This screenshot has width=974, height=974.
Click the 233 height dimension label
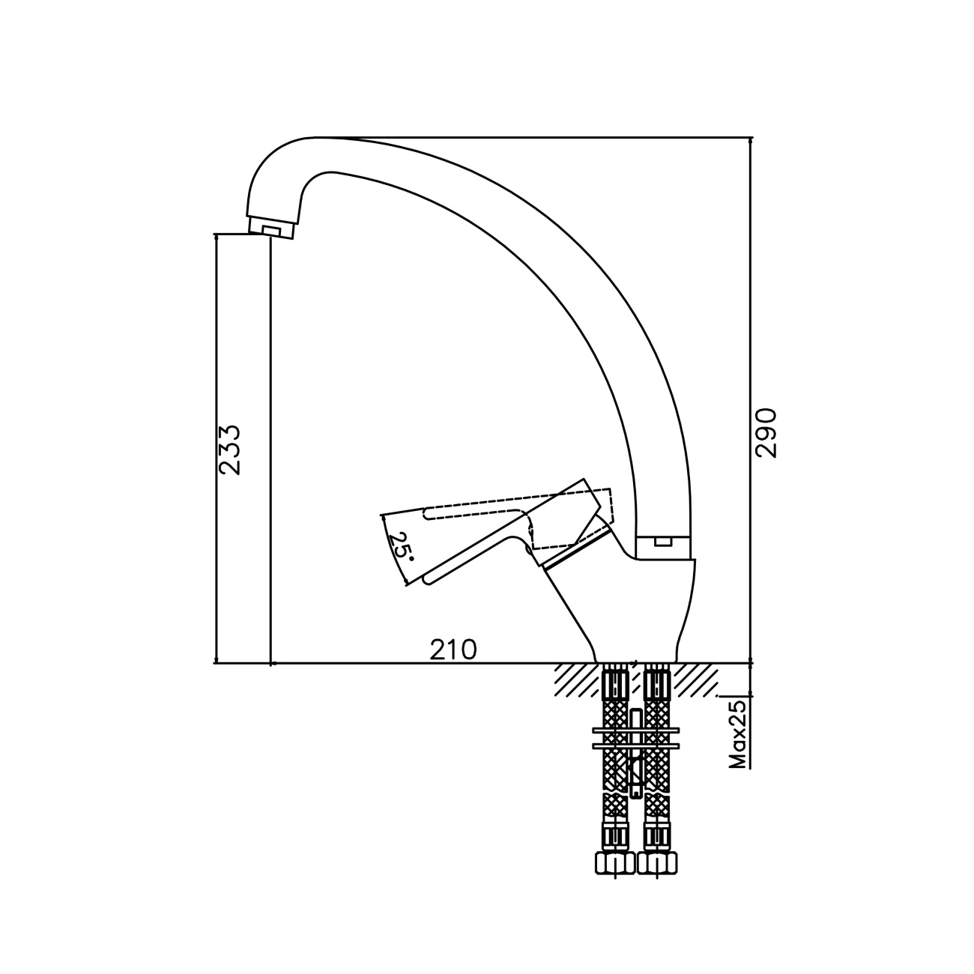point(229,450)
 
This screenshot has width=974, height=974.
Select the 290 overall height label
point(765,432)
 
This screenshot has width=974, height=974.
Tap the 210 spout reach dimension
point(453,650)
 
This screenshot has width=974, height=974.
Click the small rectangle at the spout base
point(662,542)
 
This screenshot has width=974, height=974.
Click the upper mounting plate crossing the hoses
point(635,730)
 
